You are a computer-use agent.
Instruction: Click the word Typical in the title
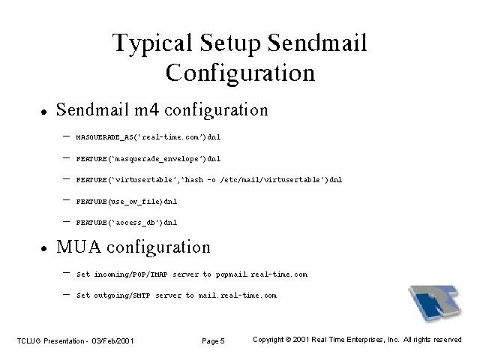[152, 43]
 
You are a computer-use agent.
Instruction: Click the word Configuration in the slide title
[240, 73]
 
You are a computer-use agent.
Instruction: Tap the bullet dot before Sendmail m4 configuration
[44, 112]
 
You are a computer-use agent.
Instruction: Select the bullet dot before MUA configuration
[44, 248]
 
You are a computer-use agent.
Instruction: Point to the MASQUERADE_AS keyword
[105, 137]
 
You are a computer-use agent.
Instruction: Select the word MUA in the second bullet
[79, 247]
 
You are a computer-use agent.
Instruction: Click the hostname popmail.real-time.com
[262, 274]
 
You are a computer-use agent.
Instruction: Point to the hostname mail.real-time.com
[238, 295]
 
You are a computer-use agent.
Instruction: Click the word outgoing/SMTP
[121, 295]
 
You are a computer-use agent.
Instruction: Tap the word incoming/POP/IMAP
[130, 274]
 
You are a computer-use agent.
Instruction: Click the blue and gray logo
[435, 302]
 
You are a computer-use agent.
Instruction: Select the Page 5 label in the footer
[213, 341]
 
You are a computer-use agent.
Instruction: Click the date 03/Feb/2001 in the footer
[112, 341]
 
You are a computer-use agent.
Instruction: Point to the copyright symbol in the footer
[288, 340]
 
